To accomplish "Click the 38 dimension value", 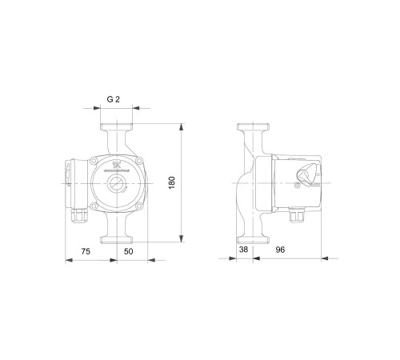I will [x=243, y=250].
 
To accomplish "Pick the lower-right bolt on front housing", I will [x=138, y=210].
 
